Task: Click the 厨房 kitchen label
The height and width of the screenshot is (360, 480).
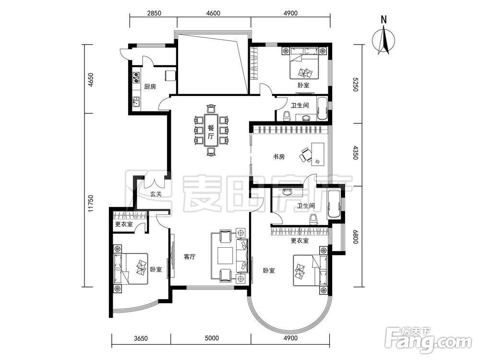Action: click(x=150, y=86)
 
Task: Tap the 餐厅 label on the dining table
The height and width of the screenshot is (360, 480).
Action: click(x=211, y=132)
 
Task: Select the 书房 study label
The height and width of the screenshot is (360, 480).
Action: click(x=279, y=157)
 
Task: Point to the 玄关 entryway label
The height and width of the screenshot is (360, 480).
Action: click(x=156, y=194)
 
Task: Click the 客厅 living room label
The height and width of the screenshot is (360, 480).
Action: click(x=190, y=257)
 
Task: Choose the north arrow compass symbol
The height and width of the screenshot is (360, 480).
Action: click(x=384, y=39)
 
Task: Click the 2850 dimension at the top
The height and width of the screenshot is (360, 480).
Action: click(x=154, y=13)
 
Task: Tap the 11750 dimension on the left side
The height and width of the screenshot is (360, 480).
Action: click(x=90, y=203)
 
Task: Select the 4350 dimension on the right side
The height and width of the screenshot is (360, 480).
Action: click(x=355, y=152)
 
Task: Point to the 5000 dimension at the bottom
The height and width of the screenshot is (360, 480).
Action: click(x=212, y=338)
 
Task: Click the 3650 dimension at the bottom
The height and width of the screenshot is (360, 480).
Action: click(x=141, y=338)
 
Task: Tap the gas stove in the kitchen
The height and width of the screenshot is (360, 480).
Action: click(x=136, y=78)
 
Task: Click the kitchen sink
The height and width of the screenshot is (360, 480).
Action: click(x=136, y=101)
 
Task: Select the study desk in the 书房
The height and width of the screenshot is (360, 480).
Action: click(x=317, y=154)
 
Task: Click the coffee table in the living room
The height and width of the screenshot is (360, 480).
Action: click(x=227, y=255)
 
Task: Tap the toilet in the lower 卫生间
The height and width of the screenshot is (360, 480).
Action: click(x=313, y=219)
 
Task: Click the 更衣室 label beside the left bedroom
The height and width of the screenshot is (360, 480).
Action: click(x=124, y=224)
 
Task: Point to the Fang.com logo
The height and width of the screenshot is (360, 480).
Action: click(x=429, y=340)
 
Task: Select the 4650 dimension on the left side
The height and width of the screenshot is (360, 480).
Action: click(x=90, y=80)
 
